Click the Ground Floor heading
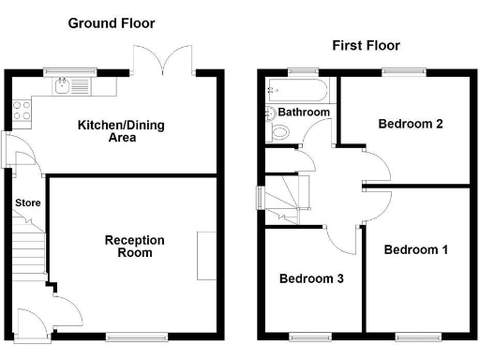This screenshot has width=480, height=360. tap(112, 22)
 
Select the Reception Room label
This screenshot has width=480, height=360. tap(134, 247)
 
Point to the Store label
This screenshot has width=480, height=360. tap(27, 202)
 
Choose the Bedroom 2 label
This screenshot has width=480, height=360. tap(411, 123)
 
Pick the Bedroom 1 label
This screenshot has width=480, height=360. tap(416, 249)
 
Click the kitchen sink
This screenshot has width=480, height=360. tap(63, 88)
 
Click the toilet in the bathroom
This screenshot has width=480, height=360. tap(279, 134)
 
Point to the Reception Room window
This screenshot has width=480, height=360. tap(125, 335)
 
